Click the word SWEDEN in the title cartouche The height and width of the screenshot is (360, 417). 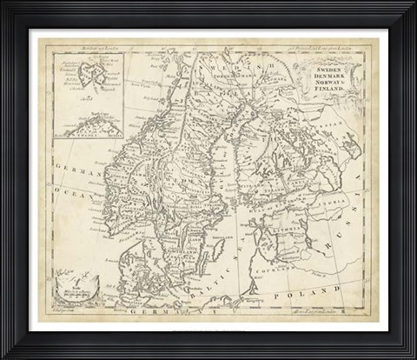pyautogui.click(x=338, y=65)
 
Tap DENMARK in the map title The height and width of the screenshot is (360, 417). pyautogui.click(x=338, y=72)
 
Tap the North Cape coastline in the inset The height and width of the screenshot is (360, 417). pyautogui.click(x=91, y=122)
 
